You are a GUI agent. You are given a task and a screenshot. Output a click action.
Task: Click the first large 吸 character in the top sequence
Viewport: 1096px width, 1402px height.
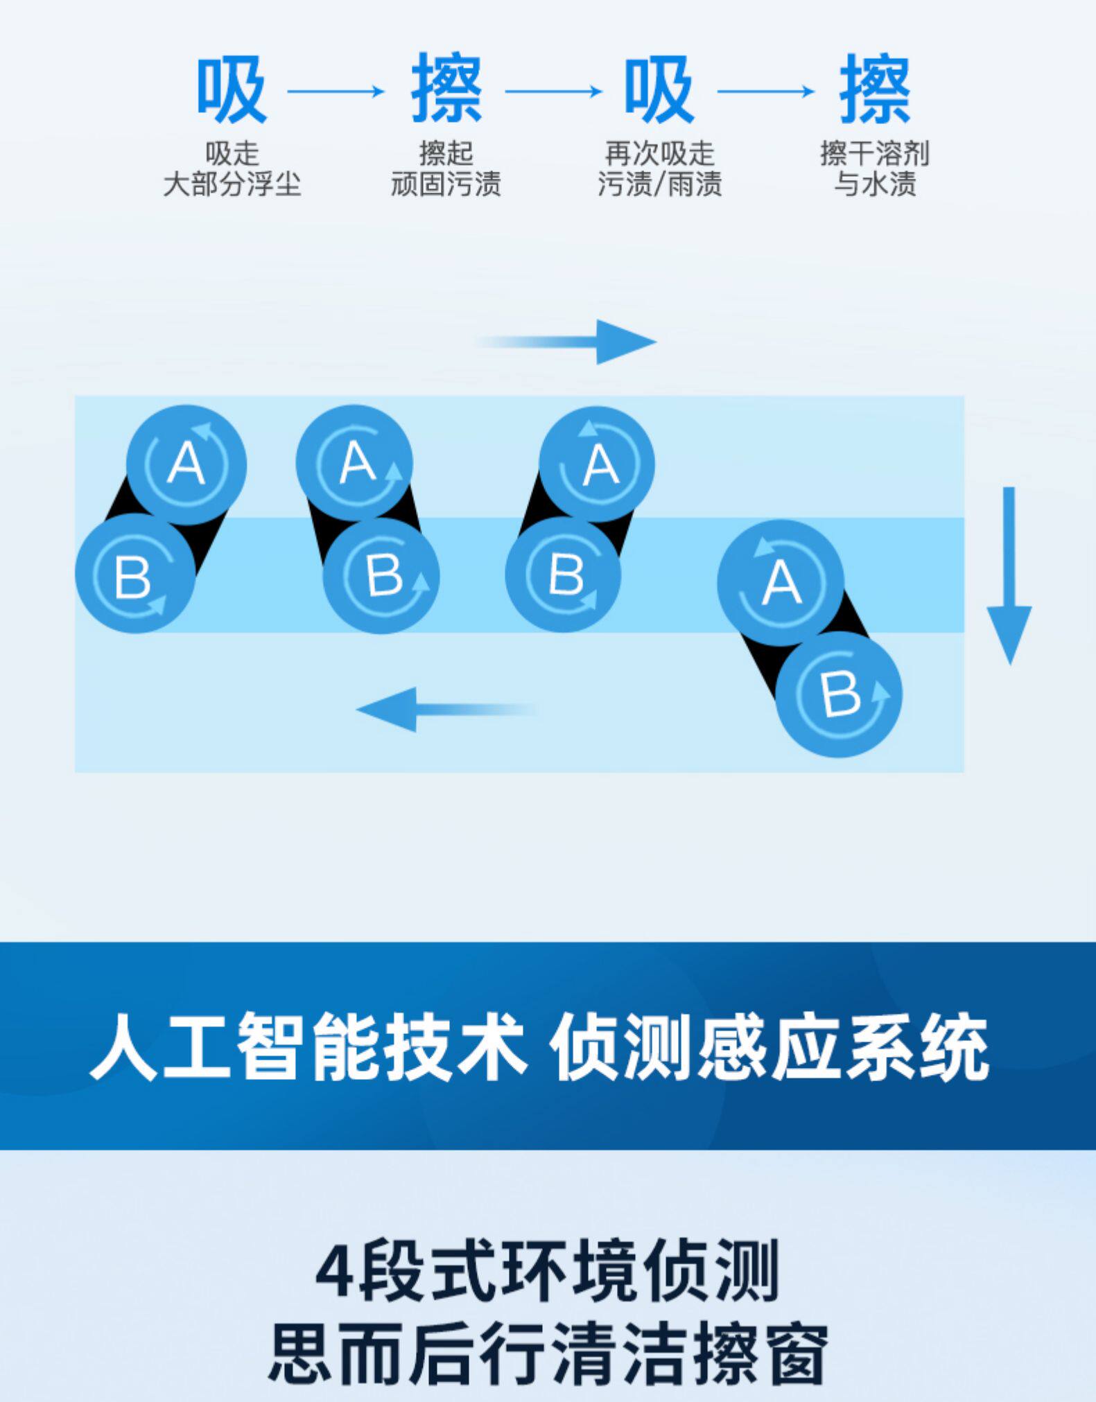pyautogui.click(x=232, y=90)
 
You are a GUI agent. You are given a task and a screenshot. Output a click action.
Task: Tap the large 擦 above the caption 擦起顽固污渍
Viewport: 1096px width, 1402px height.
pyautogui.click(x=446, y=90)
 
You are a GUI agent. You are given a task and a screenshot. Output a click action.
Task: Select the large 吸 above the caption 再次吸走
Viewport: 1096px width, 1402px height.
pyautogui.click(x=659, y=90)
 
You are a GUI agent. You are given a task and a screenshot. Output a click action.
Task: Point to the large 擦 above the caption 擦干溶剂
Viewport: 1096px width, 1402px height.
pyautogui.click(x=874, y=90)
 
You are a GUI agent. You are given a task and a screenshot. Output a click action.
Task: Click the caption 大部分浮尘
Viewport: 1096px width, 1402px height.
pyautogui.click(x=232, y=185)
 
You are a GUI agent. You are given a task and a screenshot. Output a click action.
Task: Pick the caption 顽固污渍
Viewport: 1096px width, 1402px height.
pyautogui.click(x=446, y=185)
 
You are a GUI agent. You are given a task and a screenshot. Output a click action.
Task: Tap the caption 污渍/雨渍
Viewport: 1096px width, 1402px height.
pyautogui.click(x=659, y=185)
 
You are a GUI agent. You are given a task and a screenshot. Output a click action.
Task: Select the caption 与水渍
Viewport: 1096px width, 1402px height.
pyautogui.click(x=874, y=185)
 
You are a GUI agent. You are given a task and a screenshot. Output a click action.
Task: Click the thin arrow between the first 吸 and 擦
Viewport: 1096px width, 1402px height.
pyautogui.click(x=336, y=91)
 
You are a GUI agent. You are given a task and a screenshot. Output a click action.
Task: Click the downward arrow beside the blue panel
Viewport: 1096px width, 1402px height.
pyautogui.click(x=1009, y=575)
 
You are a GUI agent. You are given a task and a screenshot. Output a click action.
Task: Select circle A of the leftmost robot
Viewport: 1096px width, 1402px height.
pyautogui.click(x=186, y=464)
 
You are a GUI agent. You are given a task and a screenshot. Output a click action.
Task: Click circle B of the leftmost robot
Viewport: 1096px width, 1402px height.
pyautogui.click(x=134, y=574)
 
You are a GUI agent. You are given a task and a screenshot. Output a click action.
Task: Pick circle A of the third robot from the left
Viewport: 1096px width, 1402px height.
pyautogui.click(x=597, y=464)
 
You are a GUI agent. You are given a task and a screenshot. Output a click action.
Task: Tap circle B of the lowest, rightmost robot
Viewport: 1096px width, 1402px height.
pyautogui.click(x=839, y=694)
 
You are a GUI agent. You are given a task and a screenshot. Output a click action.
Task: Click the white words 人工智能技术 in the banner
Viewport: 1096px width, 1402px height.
pyautogui.click(x=305, y=1046)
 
